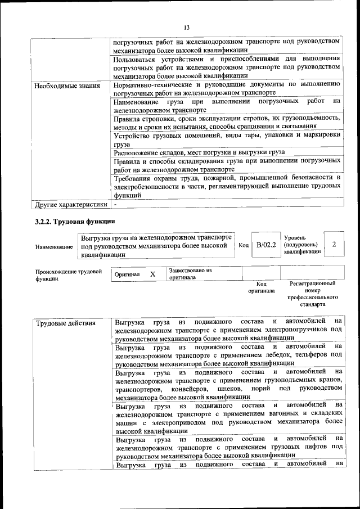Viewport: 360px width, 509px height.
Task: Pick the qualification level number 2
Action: coord(334,244)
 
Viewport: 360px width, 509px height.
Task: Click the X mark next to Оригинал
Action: coord(152,274)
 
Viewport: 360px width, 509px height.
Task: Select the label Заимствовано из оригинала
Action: coord(190,273)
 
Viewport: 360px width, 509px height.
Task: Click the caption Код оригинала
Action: coord(261,287)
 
